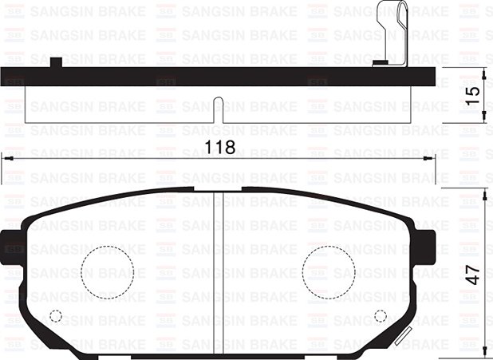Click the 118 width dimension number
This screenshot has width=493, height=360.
(x=220, y=148)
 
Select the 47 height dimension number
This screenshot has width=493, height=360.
(x=473, y=274)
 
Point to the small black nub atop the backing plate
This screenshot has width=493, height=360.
(x=56, y=62)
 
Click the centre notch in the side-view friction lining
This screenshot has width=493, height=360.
(x=219, y=110)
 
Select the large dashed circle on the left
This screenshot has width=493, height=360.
(x=107, y=272)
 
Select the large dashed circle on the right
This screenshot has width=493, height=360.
(x=328, y=271)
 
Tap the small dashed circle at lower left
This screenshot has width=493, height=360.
(x=56, y=315)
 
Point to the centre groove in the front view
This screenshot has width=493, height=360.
(x=219, y=271)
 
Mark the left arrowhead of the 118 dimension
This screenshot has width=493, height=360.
(x=6, y=159)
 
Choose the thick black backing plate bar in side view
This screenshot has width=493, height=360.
(x=219, y=76)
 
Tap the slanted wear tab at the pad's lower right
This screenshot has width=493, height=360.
(x=400, y=334)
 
